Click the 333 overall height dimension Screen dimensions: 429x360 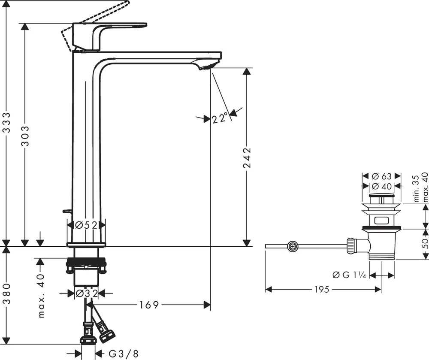click(6, 122)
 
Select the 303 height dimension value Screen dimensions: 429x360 click(25, 136)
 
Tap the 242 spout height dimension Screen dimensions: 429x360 click(247, 158)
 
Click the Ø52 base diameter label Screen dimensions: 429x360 click(86, 225)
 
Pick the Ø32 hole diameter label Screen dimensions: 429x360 click(86, 293)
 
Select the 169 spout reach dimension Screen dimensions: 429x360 click(149, 305)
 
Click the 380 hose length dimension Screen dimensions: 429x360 click(6, 294)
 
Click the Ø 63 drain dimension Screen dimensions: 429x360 click(382, 176)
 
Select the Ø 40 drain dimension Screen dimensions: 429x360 click(382, 186)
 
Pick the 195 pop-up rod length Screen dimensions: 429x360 click(322, 289)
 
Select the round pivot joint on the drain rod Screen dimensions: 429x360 click(293, 246)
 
